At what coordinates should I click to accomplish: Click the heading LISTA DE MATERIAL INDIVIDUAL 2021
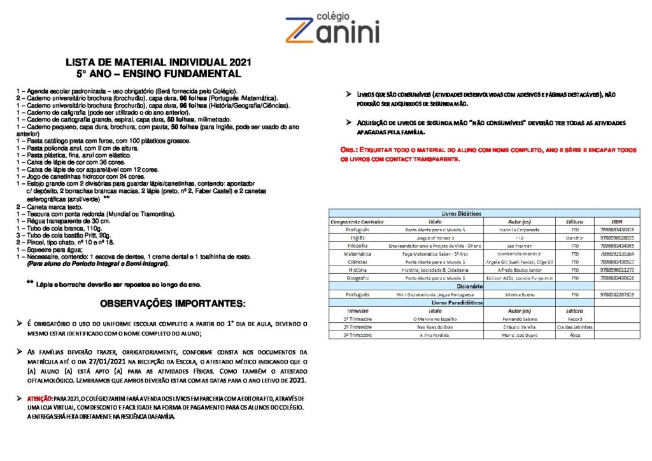[159, 62]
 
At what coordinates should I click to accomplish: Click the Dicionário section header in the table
[462, 287]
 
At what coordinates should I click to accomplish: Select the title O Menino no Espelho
[436, 319]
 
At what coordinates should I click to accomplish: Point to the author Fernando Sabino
[519, 319]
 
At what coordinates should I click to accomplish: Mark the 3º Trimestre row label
[357, 335]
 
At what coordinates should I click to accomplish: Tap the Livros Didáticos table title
[461, 213]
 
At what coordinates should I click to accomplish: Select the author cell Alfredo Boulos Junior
[519, 270]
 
